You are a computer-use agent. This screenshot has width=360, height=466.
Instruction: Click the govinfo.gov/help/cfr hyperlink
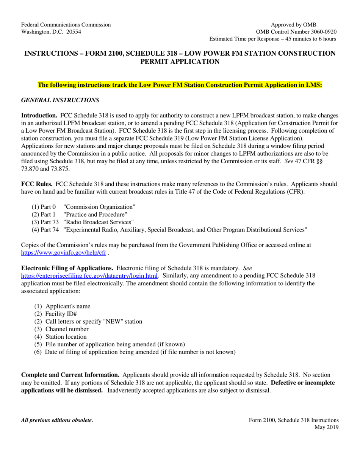pyautogui.click(x=63, y=253)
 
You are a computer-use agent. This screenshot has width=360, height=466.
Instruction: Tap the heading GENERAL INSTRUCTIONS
pyautogui.click(x=60, y=100)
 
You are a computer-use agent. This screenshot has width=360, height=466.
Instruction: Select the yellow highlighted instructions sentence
pyautogui.click(x=180, y=85)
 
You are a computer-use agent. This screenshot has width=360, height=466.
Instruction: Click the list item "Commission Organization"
pyautogui.click(x=100, y=207)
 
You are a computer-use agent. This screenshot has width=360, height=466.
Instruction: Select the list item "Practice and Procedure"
pyautogui.click(x=95, y=214)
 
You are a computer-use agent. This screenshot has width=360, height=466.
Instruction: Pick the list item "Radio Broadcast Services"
pyautogui.click(x=99, y=222)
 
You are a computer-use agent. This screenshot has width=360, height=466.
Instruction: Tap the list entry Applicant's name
pyautogui.click(x=68, y=306)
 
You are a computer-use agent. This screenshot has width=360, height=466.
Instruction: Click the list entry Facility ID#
pyautogui.click(x=61, y=314)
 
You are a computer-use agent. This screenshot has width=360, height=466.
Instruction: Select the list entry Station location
pyautogui.click(x=66, y=337)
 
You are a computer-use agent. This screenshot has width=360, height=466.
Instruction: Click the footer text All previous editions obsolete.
pyautogui.click(x=57, y=420)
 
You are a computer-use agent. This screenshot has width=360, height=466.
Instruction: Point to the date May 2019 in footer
pyautogui.click(x=327, y=427)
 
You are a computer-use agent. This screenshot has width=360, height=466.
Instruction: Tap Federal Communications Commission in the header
pyautogui.click(x=66, y=25)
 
